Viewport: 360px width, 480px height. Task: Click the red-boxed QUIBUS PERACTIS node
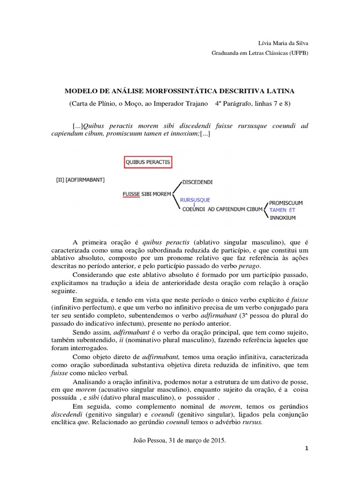[148, 162]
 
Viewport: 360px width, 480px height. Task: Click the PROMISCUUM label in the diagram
[286, 203]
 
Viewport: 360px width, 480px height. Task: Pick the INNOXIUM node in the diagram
[283, 218]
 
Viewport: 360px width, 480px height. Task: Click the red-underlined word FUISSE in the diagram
[131, 193]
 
